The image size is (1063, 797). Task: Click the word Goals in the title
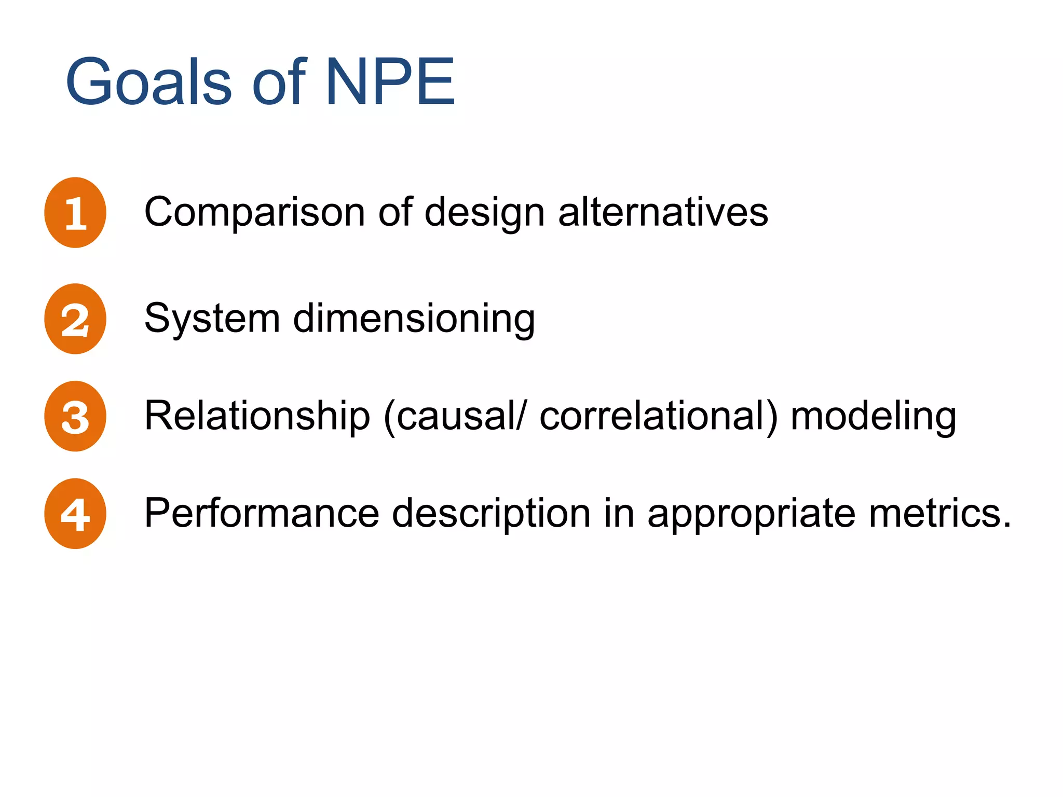[x=148, y=82]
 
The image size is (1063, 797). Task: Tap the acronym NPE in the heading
[x=390, y=82]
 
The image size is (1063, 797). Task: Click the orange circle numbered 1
[x=75, y=213]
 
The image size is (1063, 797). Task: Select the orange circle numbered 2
[x=75, y=319]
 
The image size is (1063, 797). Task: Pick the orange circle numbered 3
[x=75, y=416]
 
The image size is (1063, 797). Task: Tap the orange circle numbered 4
[x=75, y=514]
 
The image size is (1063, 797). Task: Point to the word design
[x=484, y=213]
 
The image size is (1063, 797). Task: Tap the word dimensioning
[x=414, y=319]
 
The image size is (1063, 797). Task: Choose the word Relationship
[x=257, y=416]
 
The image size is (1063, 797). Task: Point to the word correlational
[x=658, y=416]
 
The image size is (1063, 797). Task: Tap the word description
[x=491, y=514]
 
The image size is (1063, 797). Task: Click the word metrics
[x=939, y=514]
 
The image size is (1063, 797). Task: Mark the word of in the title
[x=279, y=82]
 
